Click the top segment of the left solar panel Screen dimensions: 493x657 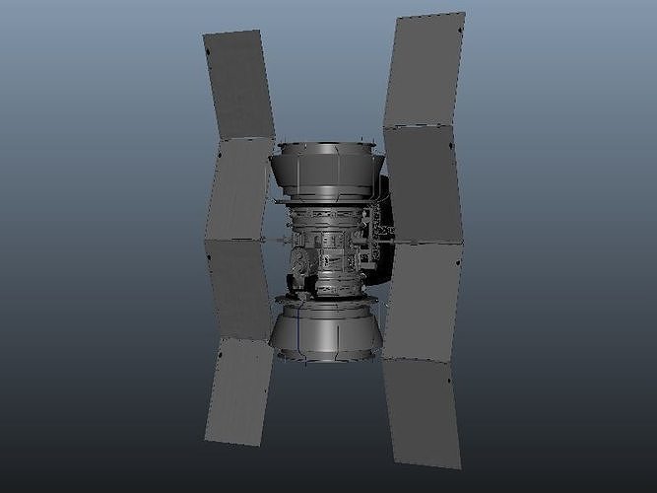(x=238, y=85)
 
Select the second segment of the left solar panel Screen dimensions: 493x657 (x=239, y=188)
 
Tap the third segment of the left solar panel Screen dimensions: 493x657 (x=240, y=289)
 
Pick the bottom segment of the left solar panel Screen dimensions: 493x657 (x=237, y=391)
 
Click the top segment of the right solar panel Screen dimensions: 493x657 (x=424, y=71)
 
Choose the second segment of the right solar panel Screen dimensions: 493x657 (x=423, y=183)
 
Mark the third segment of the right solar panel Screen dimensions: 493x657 (x=422, y=299)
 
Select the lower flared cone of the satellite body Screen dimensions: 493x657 (x=326, y=329)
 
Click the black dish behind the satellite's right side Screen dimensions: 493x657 (x=386, y=212)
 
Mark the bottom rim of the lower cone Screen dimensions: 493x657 (x=325, y=356)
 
